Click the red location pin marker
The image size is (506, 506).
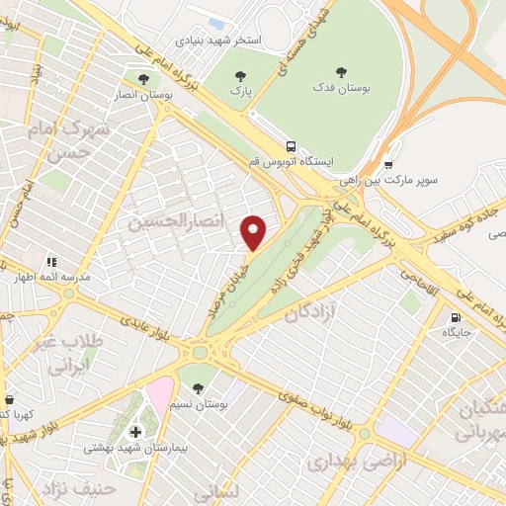pos(255,231)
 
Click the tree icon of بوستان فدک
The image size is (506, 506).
pos(341,71)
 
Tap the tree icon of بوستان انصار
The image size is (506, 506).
pos(144,77)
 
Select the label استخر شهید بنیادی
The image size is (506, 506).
pos(218,42)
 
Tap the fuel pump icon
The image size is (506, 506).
pos(454,318)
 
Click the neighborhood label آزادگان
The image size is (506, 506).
pos(310,314)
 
